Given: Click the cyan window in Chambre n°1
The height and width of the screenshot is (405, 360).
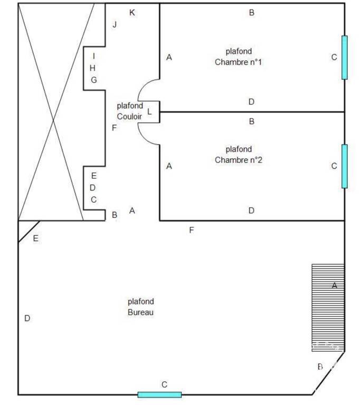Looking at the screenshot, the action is (345, 57).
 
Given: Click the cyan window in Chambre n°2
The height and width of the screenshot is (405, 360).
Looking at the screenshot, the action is (345, 166).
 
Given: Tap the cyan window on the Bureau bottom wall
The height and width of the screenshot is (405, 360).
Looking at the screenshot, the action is (159, 394).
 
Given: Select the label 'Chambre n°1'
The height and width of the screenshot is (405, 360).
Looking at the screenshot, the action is (238, 62).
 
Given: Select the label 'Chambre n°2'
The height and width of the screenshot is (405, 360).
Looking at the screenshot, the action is (239, 160).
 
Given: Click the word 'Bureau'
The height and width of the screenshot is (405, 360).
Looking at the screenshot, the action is (140, 312).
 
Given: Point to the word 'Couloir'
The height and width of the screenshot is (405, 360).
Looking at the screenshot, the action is (129, 117).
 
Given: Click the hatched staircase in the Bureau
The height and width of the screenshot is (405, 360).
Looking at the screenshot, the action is (328, 307).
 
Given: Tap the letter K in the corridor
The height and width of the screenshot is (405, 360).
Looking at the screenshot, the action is (132, 13).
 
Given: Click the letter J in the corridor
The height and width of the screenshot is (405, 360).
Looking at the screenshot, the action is (115, 25).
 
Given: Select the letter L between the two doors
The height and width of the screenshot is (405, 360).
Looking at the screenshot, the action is (149, 112).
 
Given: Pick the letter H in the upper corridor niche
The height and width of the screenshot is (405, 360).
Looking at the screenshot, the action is (92, 68).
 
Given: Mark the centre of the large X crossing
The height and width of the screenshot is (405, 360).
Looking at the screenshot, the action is (53, 120).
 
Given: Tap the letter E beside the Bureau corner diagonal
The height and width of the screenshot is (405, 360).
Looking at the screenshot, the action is (36, 238).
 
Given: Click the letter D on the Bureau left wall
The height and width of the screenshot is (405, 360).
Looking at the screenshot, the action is (27, 318).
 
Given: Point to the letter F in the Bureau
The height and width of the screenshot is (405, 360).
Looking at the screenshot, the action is (192, 230).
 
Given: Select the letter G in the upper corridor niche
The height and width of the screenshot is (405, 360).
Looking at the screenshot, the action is (94, 80).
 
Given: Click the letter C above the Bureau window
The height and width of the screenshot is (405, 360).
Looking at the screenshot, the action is (164, 384).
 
